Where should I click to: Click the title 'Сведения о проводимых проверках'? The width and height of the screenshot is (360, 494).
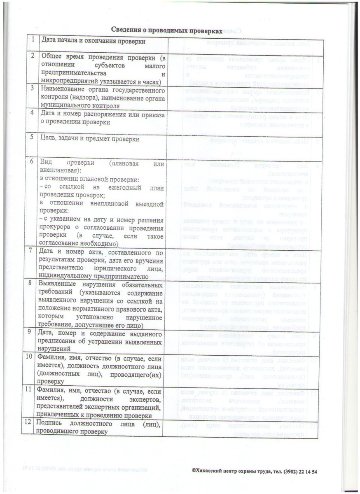tap(166, 31)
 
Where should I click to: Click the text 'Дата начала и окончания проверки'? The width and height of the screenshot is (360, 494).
tap(92, 41)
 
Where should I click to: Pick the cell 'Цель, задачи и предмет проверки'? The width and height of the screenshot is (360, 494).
tap(90, 139)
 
